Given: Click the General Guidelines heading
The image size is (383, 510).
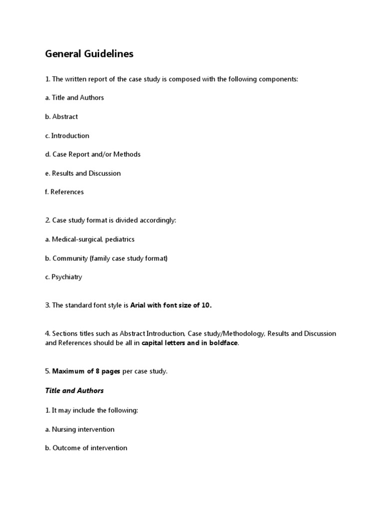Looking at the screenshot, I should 89,54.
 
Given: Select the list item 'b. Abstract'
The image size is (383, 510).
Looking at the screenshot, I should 61,117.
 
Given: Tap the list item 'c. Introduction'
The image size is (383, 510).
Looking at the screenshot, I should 67,135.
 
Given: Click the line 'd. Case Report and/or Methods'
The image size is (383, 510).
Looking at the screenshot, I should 93,154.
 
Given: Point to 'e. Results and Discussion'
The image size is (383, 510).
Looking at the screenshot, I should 83,173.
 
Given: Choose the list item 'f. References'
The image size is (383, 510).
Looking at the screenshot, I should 64,192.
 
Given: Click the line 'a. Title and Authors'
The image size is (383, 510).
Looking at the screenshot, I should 74,98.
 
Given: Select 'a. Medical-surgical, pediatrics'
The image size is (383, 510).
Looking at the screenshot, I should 90,239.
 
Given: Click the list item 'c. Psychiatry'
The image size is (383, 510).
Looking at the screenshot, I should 63,277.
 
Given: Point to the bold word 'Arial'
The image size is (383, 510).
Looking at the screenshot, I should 139,305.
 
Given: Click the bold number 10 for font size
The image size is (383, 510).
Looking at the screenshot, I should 206,305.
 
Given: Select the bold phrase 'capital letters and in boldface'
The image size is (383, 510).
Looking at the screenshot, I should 190,343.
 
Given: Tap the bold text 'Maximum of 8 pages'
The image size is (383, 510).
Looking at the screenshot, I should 86,371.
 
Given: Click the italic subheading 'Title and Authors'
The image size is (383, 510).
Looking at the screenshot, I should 74,390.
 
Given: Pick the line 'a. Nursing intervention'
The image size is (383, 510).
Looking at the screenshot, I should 80,429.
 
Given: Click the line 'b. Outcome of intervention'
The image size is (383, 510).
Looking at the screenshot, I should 86,448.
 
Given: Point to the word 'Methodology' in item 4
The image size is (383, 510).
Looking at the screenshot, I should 243,333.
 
